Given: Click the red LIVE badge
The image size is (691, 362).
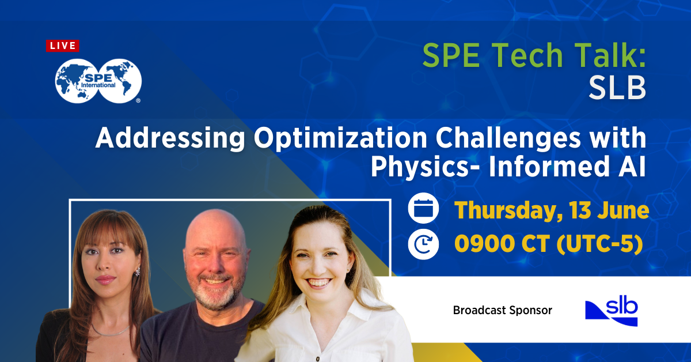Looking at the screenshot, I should tap(63, 46).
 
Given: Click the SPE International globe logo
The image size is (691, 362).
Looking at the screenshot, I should tap(98, 81).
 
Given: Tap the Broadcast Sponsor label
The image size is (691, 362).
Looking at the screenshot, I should tap(502, 310).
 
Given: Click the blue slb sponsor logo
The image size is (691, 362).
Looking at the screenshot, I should tap(611, 312).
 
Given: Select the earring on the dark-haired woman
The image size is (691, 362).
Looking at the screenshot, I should tap(137, 271).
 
